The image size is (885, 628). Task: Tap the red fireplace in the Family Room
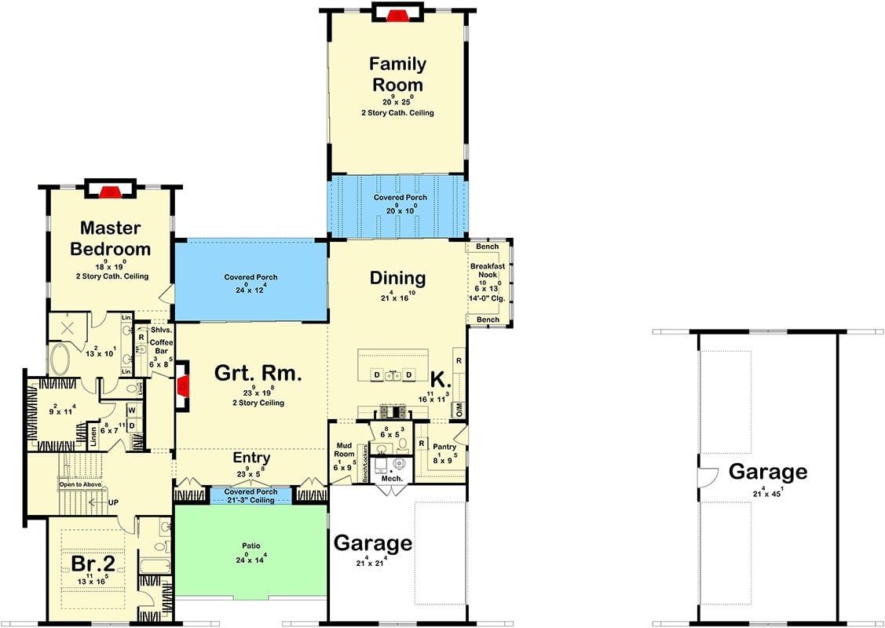(x=398, y=13)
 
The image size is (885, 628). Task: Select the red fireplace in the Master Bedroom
(x=112, y=190)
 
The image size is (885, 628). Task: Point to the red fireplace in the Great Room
(x=182, y=385)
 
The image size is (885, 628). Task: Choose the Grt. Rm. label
(x=258, y=374)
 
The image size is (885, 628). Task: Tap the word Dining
(x=397, y=278)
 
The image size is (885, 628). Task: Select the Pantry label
(x=444, y=447)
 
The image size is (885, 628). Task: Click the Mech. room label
(x=392, y=478)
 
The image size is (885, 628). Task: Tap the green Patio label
(x=251, y=544)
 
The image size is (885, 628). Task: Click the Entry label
(x=251, y=458)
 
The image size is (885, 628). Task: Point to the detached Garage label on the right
(x=767, y=472)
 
